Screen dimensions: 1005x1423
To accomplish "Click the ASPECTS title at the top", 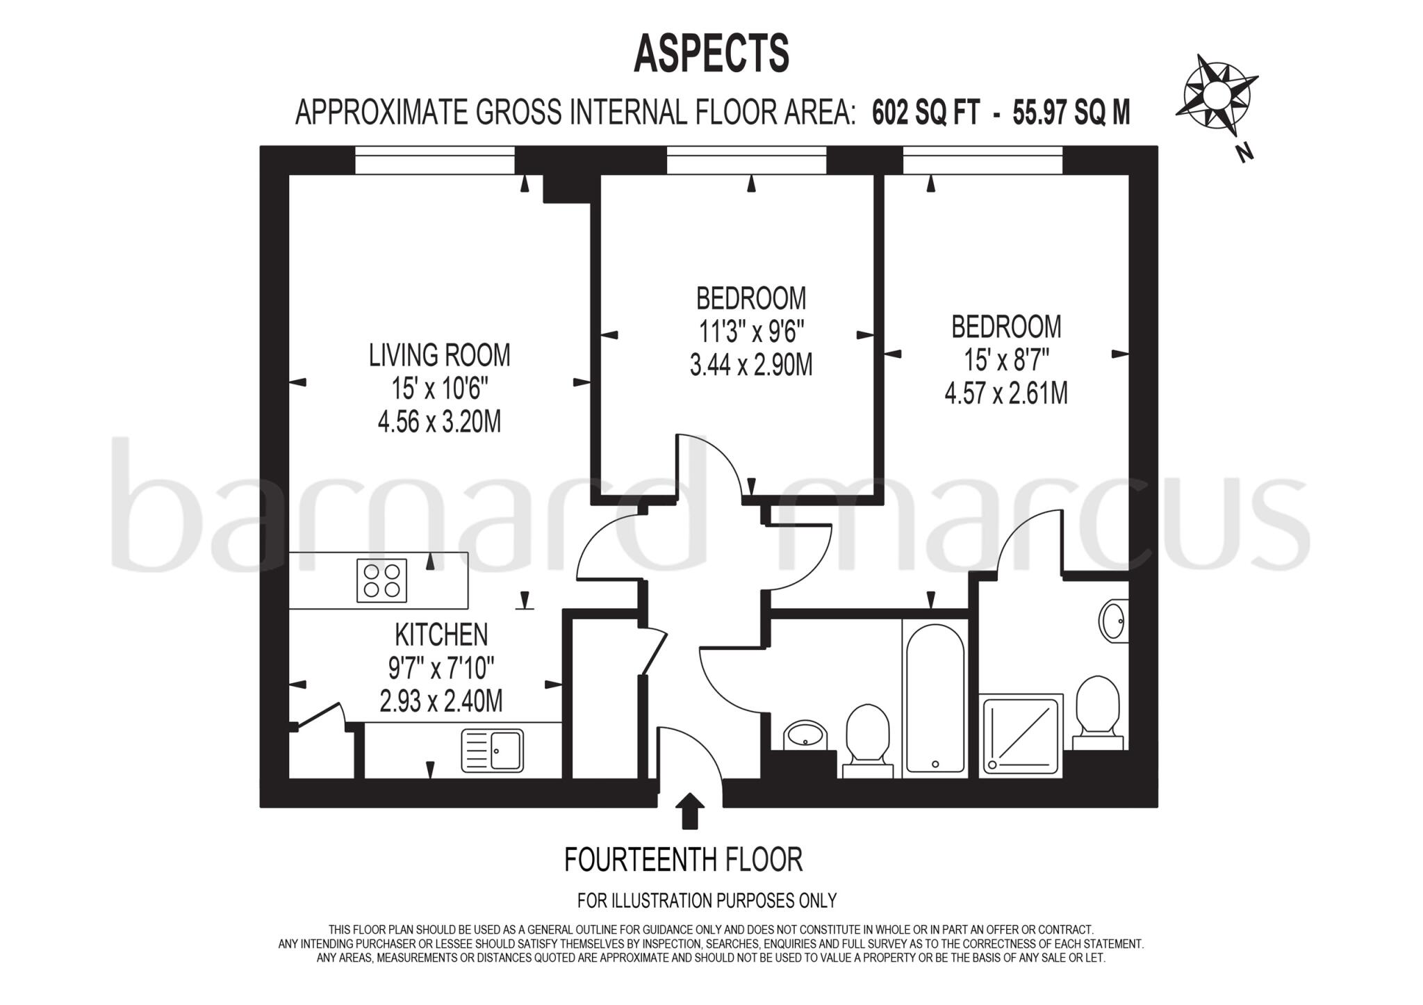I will point(711,54).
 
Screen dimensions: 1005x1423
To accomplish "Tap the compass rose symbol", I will point(1216,95).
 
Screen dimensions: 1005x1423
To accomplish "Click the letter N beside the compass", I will point(1245,152).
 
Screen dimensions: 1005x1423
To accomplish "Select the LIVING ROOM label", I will point(439,355).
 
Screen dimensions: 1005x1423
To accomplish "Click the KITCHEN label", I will point(441,635).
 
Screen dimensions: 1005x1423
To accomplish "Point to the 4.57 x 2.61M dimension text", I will point(1005,394).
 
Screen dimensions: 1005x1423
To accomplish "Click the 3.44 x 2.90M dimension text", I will point(750,365).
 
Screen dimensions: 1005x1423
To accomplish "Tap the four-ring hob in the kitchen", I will point(381,581).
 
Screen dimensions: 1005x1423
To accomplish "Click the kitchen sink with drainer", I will point(492,751).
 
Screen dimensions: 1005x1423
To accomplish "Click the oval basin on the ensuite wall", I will point(1113,621).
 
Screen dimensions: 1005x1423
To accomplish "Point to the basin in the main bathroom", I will point(805,735).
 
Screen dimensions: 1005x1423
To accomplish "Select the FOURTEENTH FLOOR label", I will point(683,860).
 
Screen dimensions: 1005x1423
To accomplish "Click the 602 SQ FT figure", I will point(926,113).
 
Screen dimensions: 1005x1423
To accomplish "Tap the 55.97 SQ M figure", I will point(1071,113).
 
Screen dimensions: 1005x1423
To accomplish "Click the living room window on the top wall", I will point(435,161).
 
